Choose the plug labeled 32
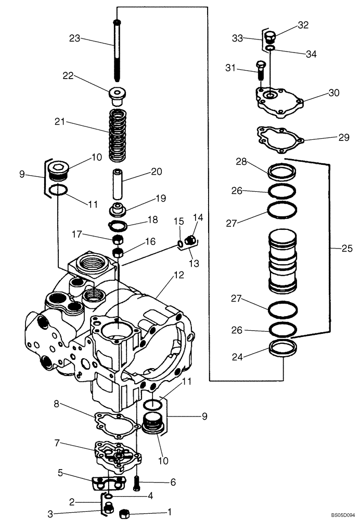coord(270,38)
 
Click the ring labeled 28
coord(281,171)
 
